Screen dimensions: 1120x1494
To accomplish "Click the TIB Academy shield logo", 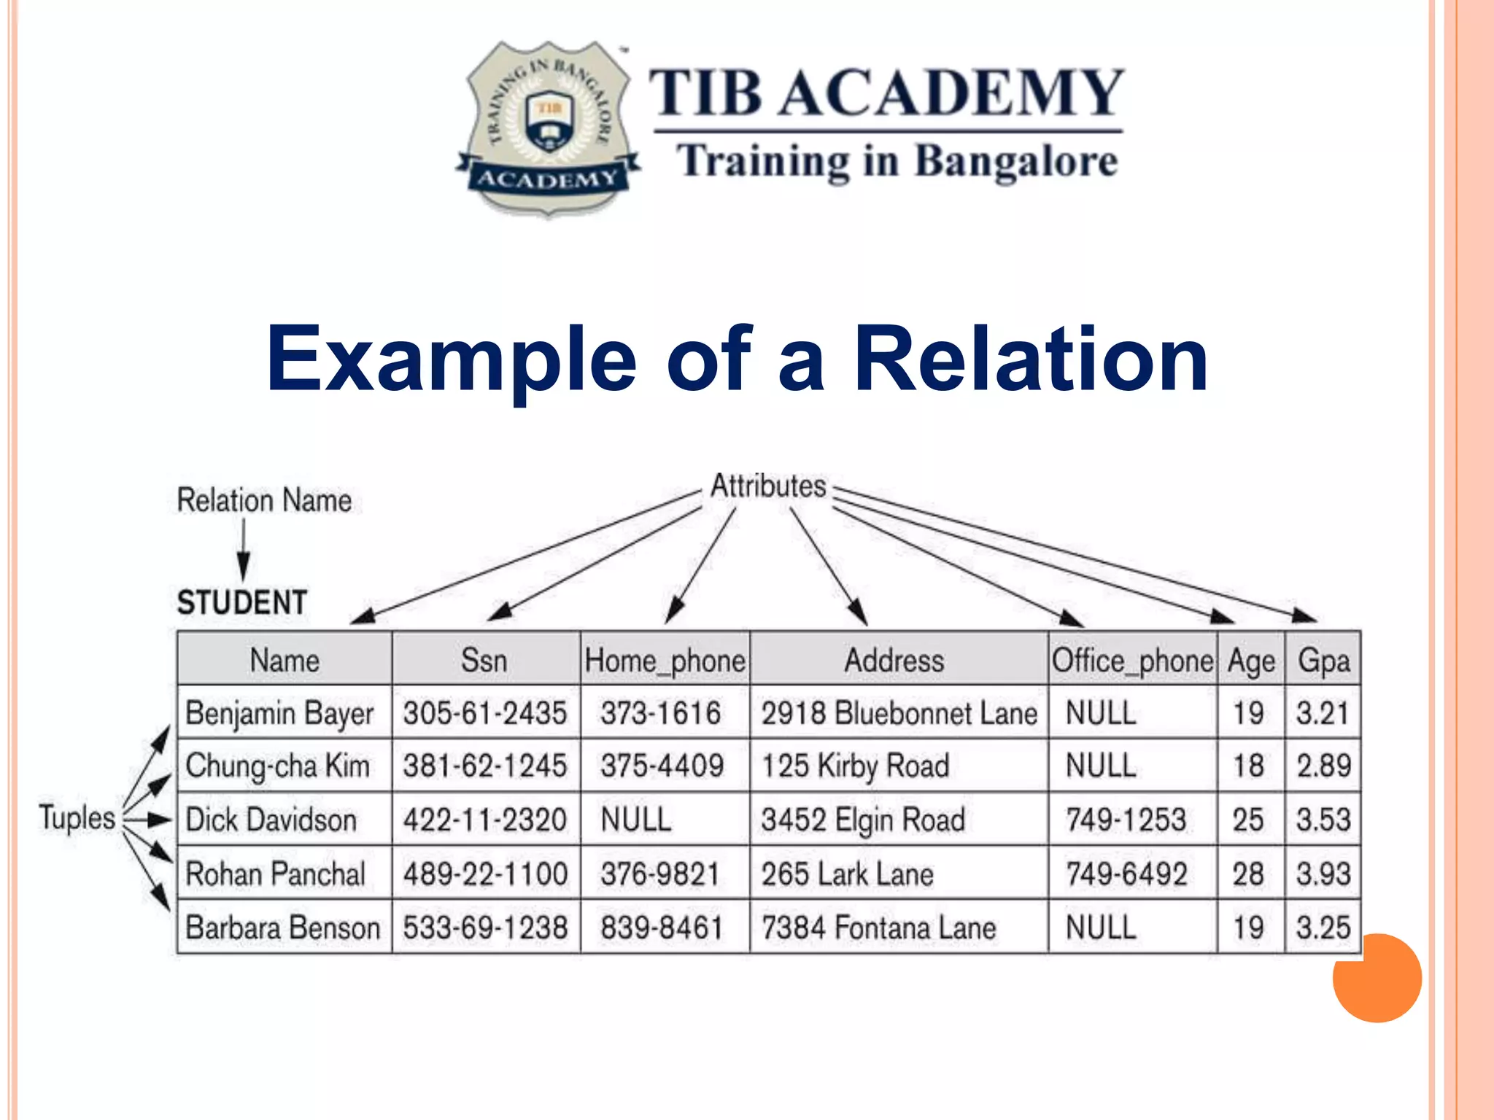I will pos(548,128).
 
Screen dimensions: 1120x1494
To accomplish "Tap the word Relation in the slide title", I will pos(1030,359).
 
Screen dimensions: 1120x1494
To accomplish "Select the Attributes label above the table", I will pos(768,486).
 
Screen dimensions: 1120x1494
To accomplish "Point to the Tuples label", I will pos(77,817).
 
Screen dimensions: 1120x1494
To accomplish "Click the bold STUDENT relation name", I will pos(241,602).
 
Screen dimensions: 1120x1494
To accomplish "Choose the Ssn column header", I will pos(484,661).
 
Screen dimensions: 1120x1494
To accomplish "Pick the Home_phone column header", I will pos(665,661).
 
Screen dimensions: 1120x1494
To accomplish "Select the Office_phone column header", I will pos(1132,661).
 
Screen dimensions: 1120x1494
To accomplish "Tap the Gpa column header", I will pos(1323,661).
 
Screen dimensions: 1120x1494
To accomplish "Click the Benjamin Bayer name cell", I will pos(279,713).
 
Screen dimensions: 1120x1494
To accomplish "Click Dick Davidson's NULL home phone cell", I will pos(635,820).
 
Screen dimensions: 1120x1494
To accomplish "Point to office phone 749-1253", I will pos(1126,820).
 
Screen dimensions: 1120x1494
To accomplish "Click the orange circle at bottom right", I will pos(1377,978).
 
